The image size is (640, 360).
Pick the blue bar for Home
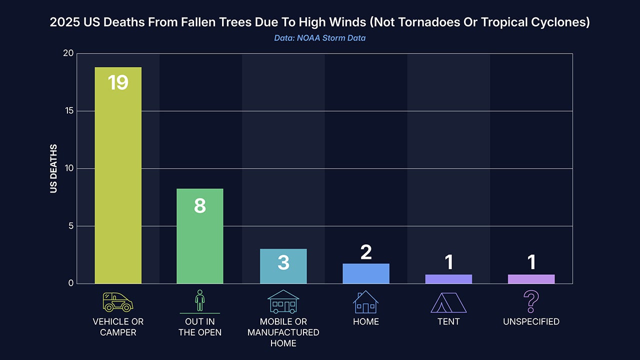[x=366, y=274]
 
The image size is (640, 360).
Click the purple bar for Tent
[x=448, y=279]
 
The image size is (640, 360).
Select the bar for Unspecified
[x=531, y=279]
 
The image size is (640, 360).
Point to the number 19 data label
[x=118, y=82]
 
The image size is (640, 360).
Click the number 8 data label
[x=199, y=205]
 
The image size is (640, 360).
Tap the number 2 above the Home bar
[x=366, y=252]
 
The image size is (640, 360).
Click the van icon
[x=117, y=302]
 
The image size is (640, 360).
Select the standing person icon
[x=199, y=300]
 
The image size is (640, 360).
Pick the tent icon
[x=448, y=302]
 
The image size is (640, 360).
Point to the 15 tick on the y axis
[x=68, y=111]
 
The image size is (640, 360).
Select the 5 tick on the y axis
[x=70, y=226]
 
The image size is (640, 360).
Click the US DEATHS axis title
[x=53, y=168]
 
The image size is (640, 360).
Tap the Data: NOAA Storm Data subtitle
[x=319, y=38]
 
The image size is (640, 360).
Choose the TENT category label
[x=448, y=321]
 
